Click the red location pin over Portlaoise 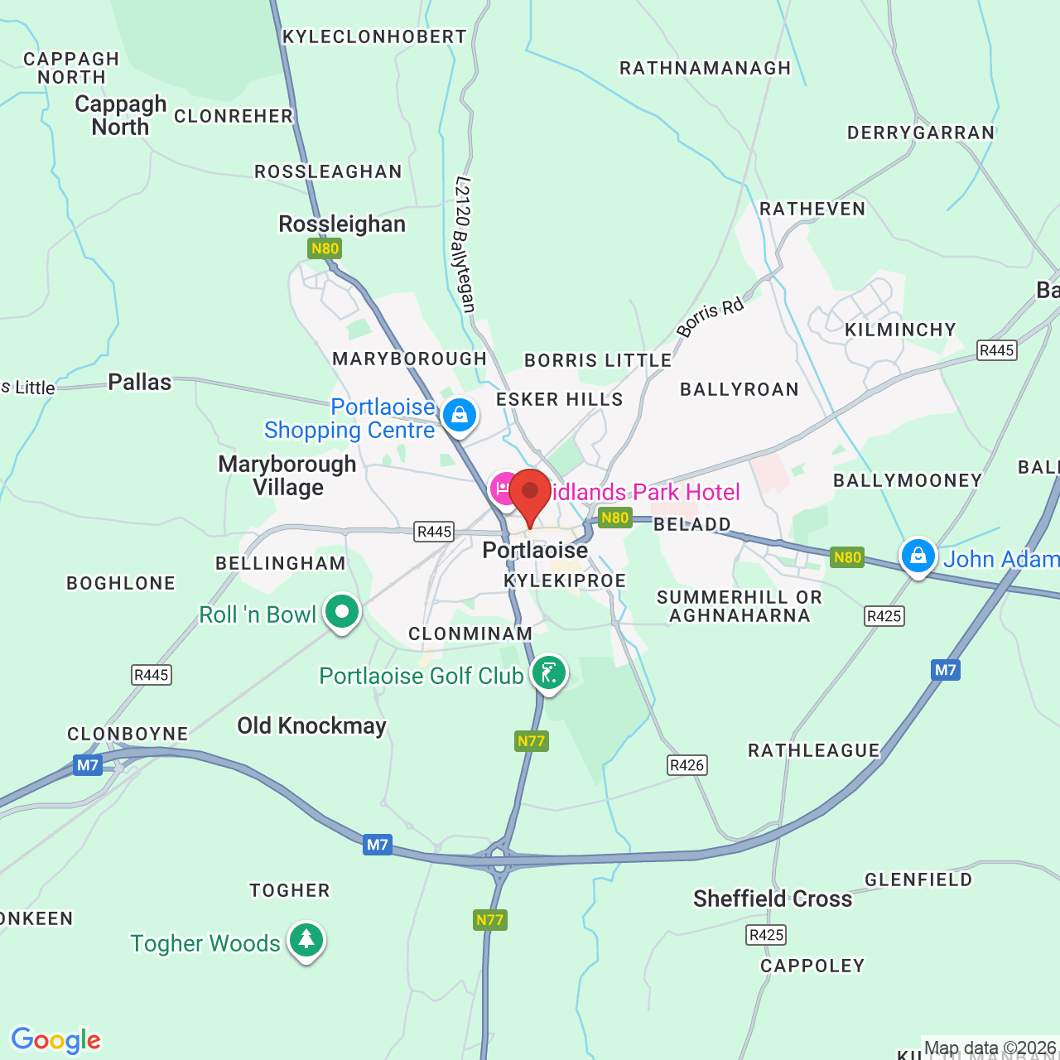tap(530, 494)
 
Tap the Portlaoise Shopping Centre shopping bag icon tap(460, 415)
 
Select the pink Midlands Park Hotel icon tap(504, 489)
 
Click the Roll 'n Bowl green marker tap(342, 613)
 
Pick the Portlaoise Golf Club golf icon tap(548, 672)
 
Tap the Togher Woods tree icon tap(306, 940)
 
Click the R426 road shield tap(687, 765)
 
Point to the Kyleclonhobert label tap(374, 37)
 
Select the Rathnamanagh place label tap(706, 69)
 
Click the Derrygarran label tap(921, 133)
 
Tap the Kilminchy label tap(900, 330)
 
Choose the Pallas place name tap(140, 383)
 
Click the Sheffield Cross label tap(773, 899)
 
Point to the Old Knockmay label tap(312, 726)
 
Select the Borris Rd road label tap(711, 317)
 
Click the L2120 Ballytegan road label tap(465, 245)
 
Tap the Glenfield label tap(918, 880)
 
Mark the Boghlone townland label tap(121, 584)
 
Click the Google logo tap(56, 1040)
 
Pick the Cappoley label tap(812, 966)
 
